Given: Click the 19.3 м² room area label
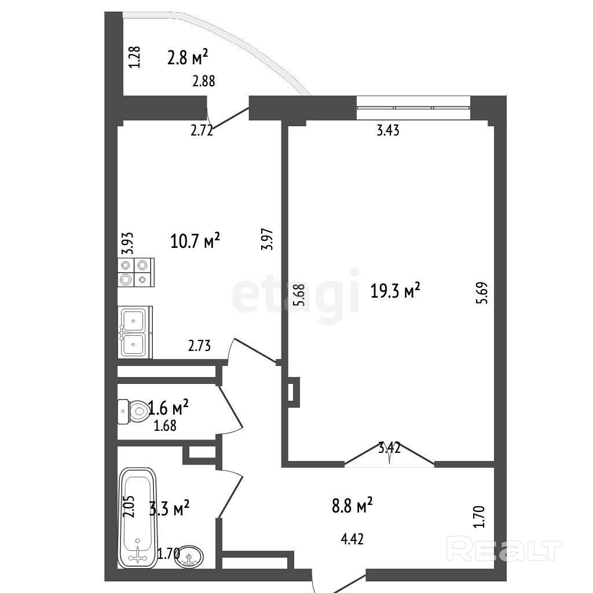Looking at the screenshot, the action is [395, 291].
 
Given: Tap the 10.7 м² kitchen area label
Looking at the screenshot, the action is [195, 240].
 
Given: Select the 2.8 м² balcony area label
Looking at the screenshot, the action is [188, 57].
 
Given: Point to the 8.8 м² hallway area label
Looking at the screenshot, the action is [352, 505].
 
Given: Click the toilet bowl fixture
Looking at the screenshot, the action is [134, 412].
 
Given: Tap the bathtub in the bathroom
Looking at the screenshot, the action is [138, 518].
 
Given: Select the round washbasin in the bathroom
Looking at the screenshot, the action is [189, 557].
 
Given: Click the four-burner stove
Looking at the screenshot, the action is [136, 272].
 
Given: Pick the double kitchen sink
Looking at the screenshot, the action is [135, 332].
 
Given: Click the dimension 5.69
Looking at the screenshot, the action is [483, 293].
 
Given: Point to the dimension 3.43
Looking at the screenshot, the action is [388, 130].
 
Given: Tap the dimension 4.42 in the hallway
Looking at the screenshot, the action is [352, 539].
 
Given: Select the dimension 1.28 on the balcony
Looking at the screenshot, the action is [134, 57].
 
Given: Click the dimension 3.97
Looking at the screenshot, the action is [267, 239].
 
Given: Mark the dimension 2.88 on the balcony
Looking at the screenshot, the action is [204, 81].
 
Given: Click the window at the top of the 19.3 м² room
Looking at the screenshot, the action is [413, 107].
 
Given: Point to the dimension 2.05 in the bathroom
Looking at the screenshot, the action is [129, 507].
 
